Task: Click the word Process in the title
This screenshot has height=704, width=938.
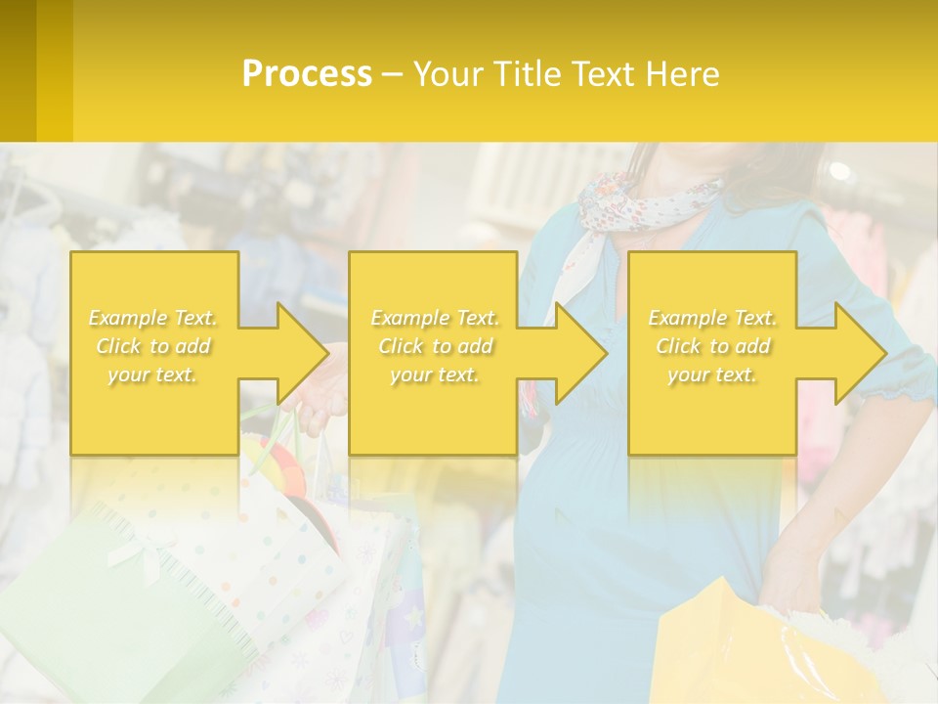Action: [x=307, y=74]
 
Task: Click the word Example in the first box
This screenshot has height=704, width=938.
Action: [x=128, y=318]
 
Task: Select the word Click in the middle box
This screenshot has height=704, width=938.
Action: [x=400, y=346]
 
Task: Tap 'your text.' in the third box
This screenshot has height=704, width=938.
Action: [x=711, y=374]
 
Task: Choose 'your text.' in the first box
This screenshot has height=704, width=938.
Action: [x=152, y=374]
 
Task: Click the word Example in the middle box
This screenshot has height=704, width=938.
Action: [x=409, y=318]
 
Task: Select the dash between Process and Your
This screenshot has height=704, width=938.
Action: [x=392, y=74]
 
